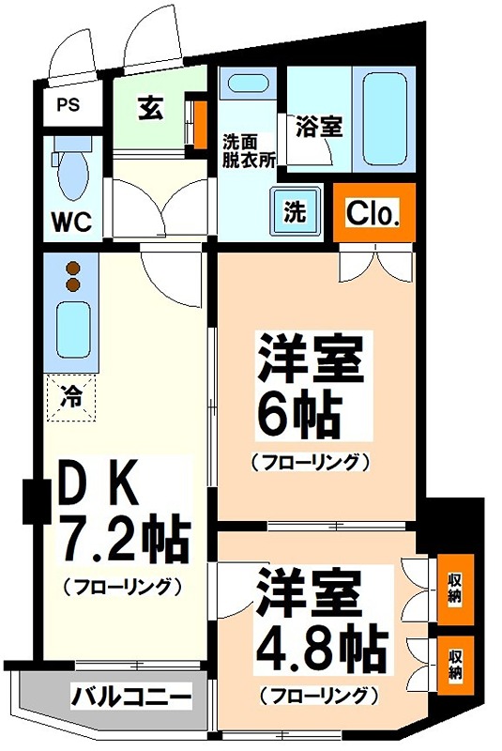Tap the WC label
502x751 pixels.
pyautogui.click(x=70, y=222)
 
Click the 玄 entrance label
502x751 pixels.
pyautogui.click(x=150, y=109)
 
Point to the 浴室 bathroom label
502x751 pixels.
pyautogui.click(x=318, y=126)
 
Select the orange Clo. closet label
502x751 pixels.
pyautogui.click(x=373, y=214)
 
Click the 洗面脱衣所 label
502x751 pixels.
pyautogui.click(x=248, y=150)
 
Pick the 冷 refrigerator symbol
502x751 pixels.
pyautogui.click(x=71, y=395)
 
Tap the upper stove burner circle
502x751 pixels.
pyautogui.click(x=72, y=268)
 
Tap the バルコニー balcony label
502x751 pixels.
pyautogui.click(x=131, y=697)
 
